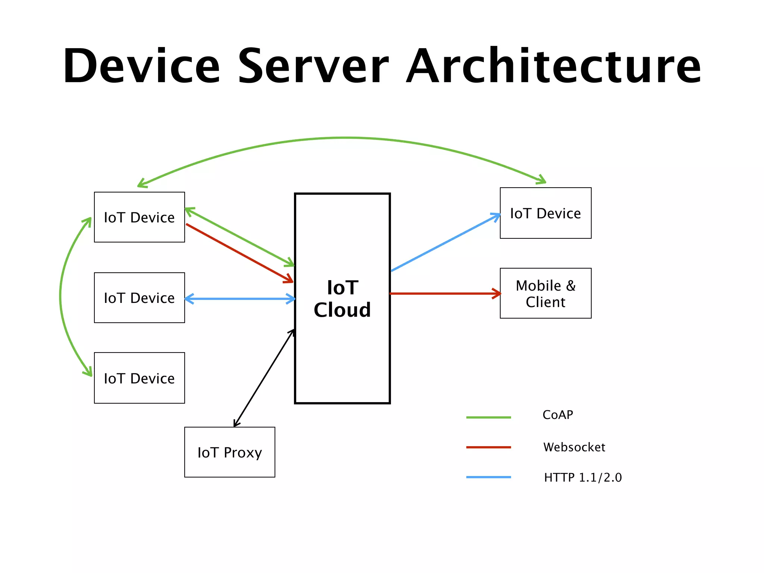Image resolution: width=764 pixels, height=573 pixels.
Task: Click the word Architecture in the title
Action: pyautogui.click(x=554, y=66)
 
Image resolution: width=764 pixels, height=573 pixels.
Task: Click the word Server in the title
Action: pyautogui.click(x=313, y=66)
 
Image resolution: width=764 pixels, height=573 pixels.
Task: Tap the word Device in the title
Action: pyautogui.click(x=142, y=66)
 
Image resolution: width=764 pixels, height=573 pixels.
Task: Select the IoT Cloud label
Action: pyautogui.click(x=342, y=299)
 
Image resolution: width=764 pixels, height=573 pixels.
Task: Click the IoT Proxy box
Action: pyautogui.click(x=229, y=452)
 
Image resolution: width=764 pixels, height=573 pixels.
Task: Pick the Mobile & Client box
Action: pyautogui.click(x=545, y=293)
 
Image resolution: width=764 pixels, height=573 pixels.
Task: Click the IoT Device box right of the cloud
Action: pyautogui.click(x=545, y=213)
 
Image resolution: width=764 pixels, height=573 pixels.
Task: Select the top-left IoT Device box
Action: pyautogui.click(x=139, y=217)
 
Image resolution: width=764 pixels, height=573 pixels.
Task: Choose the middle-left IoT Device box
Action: pyautogui.click(x=139, y=298)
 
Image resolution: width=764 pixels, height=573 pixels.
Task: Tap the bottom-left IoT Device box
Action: pyautogui.click(x=139, y=378)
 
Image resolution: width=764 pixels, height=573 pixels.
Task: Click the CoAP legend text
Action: pyautogui.click(x=558, y=415)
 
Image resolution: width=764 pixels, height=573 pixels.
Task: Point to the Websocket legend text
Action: pyautogui.click(x=574, y=447)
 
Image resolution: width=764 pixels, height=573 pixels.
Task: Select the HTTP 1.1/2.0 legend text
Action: pyautogui.click(x=583, y=477)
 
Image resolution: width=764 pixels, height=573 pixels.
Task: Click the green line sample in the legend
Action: pyautogui.click(x=488, y=417)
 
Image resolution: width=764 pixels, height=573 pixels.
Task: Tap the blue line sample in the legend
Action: pyautogui.click(x=488, y=477)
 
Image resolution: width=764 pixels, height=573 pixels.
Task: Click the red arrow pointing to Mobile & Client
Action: pyautogui.click(x=444, y=294)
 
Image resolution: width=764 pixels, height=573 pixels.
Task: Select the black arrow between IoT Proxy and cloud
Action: pyautogui.click(x=263, y=378)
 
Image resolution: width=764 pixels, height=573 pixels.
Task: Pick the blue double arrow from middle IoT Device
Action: pyautogui.click(x=240, y=299)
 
